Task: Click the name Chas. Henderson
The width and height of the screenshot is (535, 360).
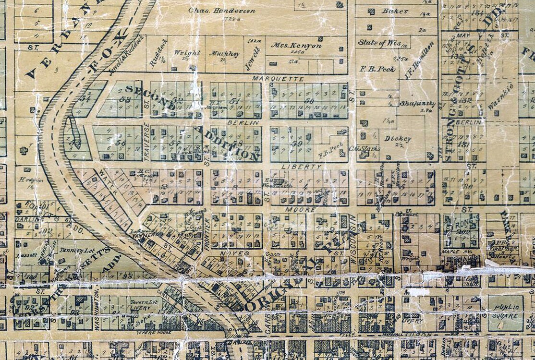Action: [x=221, y=11]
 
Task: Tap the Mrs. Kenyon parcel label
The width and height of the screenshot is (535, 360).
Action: [x=296, y=46]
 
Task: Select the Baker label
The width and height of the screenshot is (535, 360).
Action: [x=395, y=11]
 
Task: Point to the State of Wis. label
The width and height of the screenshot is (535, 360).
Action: [x=379, y=43]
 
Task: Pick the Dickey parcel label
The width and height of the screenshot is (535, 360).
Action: [x=398, y=139]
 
